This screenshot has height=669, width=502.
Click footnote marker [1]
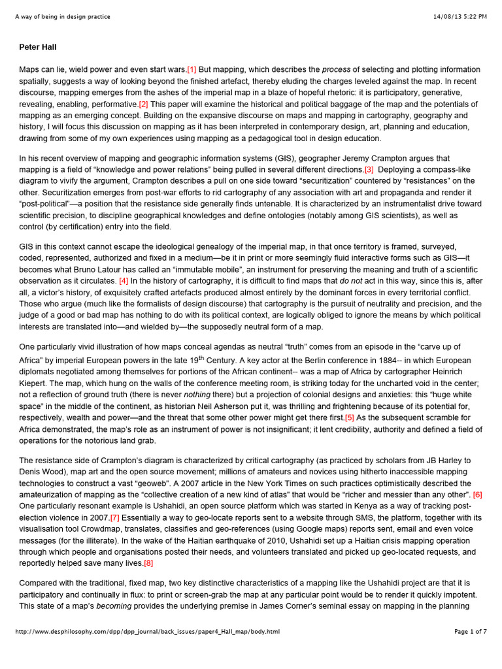click(192, 70)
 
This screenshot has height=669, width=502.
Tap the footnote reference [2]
click(144, 105)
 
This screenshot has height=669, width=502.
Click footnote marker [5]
click(350, 417)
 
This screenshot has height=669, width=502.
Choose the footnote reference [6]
click(477, 495)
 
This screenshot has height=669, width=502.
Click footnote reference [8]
click(148, 563)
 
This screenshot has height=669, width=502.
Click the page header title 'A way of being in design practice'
click(62, 16)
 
